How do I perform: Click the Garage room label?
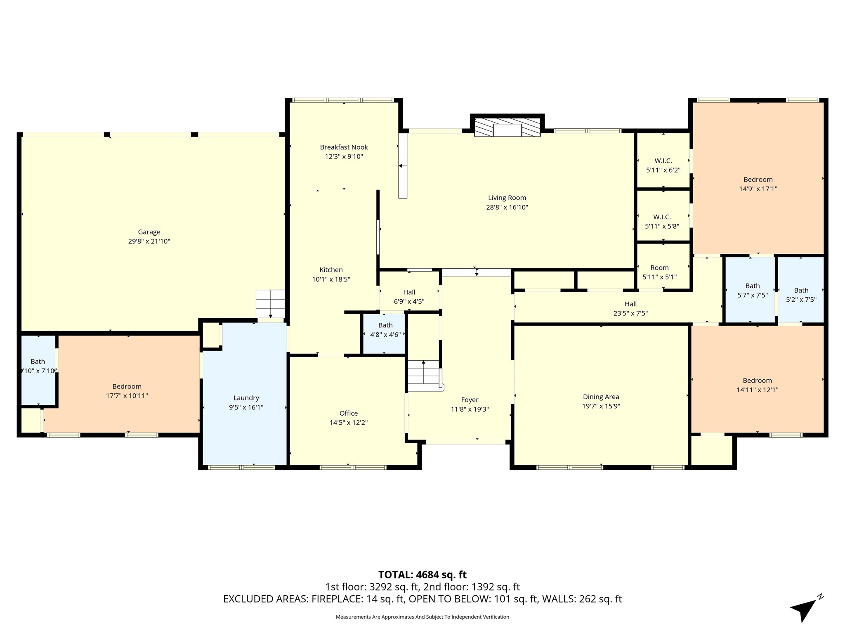click(149, 232)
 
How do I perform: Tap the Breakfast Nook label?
click(344, 147)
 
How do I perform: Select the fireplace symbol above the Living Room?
click(507, 127)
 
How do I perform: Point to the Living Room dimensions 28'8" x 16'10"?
click(507, 207)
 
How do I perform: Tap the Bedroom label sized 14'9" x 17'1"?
click(758, 180)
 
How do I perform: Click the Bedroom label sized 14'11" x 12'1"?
click(757, 381)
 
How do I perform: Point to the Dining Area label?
click(601, 397)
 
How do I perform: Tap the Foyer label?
click(470, 400)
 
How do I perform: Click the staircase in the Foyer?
click(425, 375)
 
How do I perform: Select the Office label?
click(349, 413)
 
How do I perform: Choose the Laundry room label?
click(246, 398)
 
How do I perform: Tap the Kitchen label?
click(331, 270)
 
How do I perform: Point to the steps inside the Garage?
click(270, 304)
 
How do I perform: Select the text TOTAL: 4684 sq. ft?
click(422, 575)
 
